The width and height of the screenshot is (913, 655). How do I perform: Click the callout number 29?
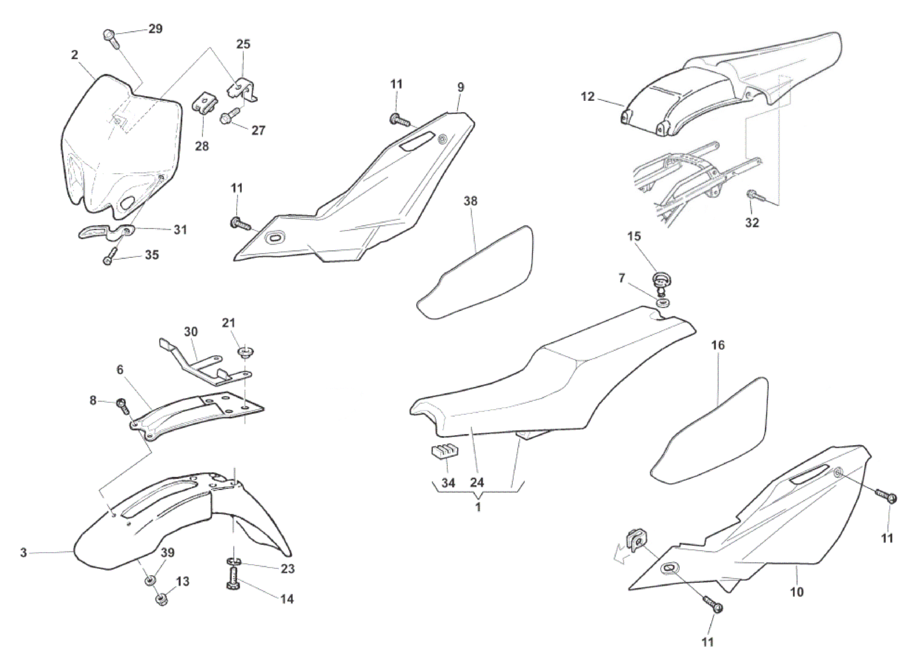155,29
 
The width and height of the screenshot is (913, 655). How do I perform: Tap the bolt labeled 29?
110,37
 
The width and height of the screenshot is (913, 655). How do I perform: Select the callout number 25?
243,44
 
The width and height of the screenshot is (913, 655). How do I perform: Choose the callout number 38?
470,201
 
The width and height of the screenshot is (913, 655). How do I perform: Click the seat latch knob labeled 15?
661,281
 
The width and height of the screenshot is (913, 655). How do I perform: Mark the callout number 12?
588,96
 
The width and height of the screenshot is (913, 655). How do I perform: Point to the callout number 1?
478,507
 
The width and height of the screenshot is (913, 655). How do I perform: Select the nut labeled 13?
163,599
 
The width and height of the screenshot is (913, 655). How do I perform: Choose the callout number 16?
718,345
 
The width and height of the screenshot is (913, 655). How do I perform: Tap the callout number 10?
796,591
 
